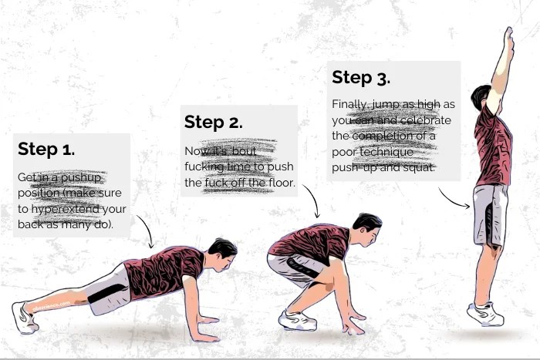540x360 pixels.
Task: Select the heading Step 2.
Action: coord(213,123)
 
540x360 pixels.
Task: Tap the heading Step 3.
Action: coord(360,78)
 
